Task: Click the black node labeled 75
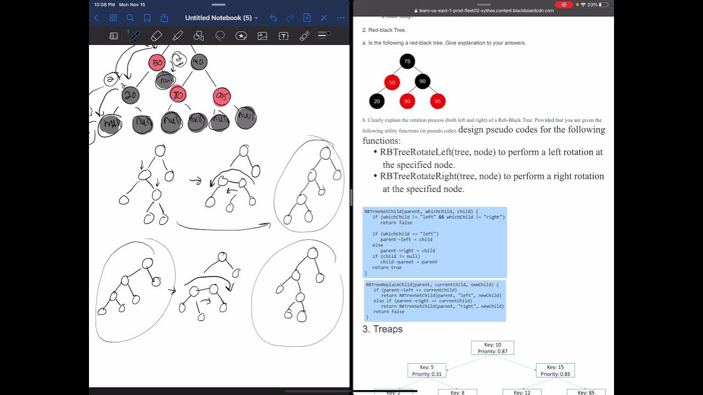(407, 61)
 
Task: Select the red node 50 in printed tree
(392, 83)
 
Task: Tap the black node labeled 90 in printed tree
(422, 81)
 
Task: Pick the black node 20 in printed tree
(377, 101)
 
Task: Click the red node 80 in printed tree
(407, 101)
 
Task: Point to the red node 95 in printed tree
(438, 101)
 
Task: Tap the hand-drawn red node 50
(157, 63)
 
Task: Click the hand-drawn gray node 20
(130, 95)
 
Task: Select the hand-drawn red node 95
(222, 97)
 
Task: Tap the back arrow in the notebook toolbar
(96, 18)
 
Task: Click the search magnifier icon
(130, 18)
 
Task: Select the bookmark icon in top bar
(147, 18)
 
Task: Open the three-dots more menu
(341, 18)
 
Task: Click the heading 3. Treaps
(382, 329)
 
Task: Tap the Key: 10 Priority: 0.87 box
(493, 348)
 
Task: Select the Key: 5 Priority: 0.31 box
(427, 370)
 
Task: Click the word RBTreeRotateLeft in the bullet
(415, 152)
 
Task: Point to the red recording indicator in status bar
(563, 4)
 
